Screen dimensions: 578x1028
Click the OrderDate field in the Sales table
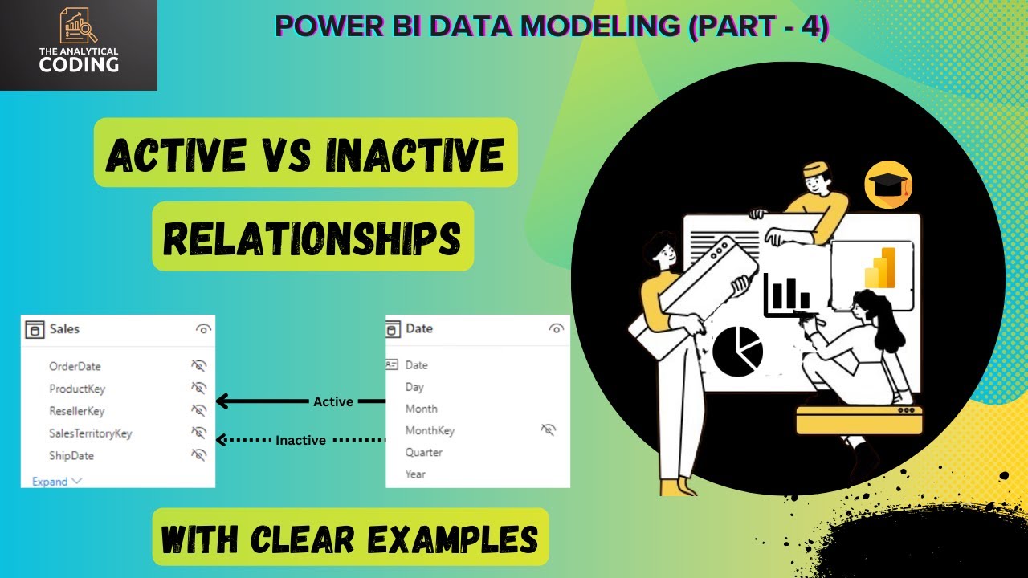click(x=75, y=366)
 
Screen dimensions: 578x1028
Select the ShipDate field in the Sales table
click(x=71, y=456)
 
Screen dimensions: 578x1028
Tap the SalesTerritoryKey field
click(x=90, y=433)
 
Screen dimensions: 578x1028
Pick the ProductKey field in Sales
click(x=77, y=389)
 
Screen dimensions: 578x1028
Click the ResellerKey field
click(x=77, y=411)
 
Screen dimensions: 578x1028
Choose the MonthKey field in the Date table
click(x=430, y=431)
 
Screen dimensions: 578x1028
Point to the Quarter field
click(x=424, y=453)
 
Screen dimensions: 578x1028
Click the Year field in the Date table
click(x=416, y=474)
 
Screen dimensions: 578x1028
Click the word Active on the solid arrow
click(x=333, y=401)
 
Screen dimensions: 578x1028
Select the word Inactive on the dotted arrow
click(x=300, y=440)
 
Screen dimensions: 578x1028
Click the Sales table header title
click(x=64, y=328)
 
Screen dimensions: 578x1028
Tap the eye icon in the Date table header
click(x=556, y=328)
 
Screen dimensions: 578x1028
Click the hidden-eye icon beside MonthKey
click(x=549, y=430)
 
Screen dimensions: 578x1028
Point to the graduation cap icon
click(x=887, y=185)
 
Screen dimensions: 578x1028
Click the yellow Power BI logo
click(x=879, y=268)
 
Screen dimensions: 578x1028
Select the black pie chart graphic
click(x=737, y=351)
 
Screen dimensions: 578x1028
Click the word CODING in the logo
click(x=79, y=65)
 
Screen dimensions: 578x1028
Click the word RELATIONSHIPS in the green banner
click(x=312, y=238)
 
